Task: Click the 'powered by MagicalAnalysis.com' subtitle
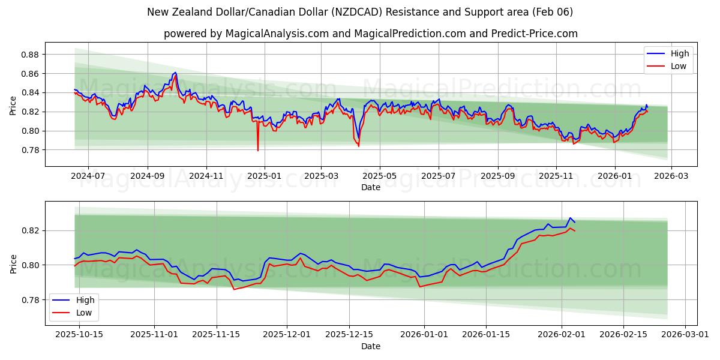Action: (371, 34)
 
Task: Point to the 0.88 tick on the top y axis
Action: (30, 55)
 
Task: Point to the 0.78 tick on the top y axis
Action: (30, 150)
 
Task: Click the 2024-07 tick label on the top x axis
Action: (88, 176)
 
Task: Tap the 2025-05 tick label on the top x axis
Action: (379, 176)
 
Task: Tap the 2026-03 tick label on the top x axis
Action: (671, 176)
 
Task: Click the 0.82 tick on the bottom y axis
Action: (30, 230)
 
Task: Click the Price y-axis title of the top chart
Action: (13, 105)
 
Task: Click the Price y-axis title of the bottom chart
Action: (13, 263)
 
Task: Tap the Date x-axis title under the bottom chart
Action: (371, 346)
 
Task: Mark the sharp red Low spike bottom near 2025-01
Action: (258, 151)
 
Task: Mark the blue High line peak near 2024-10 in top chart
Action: (175, 73)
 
